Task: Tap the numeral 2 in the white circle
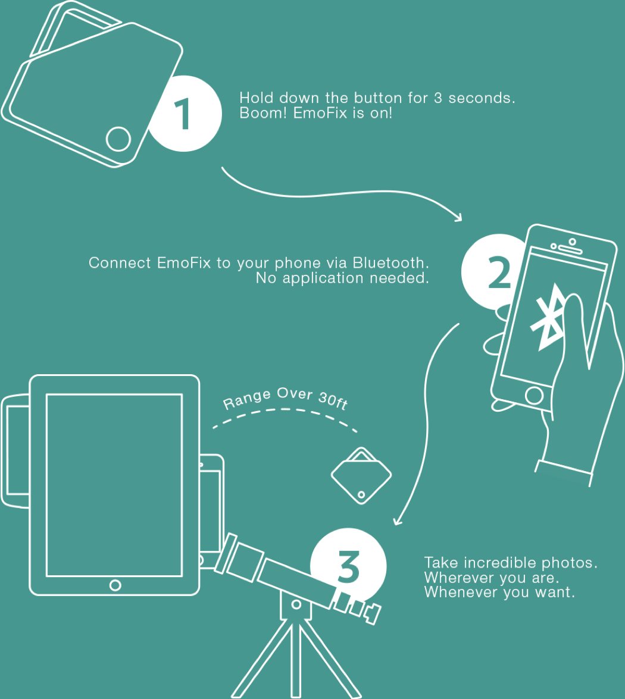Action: click(x=499, y=271)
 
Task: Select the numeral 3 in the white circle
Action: click(x=348, y=566)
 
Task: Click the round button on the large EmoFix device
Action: click(x=118, y=139)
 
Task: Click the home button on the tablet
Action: click(x=115, y=585)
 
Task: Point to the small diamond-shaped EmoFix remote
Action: click(x=361, y=476)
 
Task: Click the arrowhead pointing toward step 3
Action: click(x=396, y=521)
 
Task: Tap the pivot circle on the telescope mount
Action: click(x=296, y=604)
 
